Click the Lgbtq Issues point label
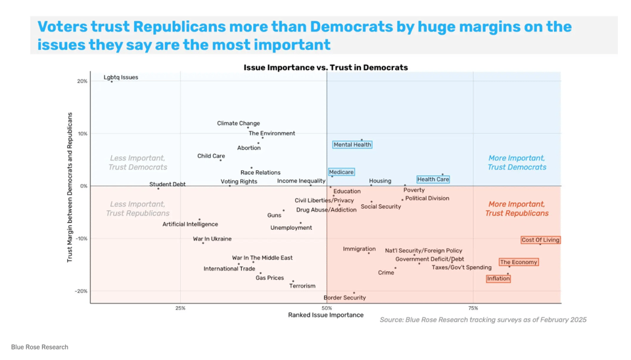click(121, 78)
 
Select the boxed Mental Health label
click(352, 145)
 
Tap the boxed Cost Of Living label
click(540, 240)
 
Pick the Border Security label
click(344, 298)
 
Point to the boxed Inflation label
click(498, 279)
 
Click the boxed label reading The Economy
click(519, 262)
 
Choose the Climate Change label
click(239, 124)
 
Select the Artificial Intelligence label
click(190, 225)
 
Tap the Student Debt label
click(168, 185)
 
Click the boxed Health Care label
click(433, 179)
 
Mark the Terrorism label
click(302, 286)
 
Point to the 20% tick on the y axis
click(82, 81)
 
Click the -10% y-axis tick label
click(80, 238)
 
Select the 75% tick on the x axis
click(473, 307)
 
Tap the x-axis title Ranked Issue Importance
click(325, 315)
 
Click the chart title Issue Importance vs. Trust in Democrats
click(325, 68)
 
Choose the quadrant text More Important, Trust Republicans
click(517, 209)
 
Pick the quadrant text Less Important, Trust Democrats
click(138, 163)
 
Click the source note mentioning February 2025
click(482, 320)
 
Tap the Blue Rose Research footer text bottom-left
click(39, 347)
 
